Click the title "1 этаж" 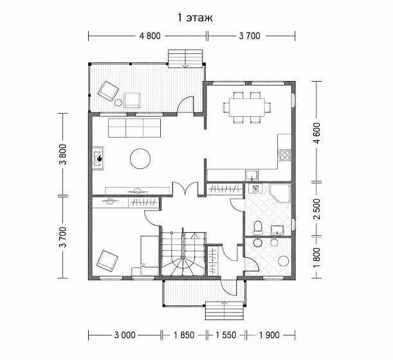pos(195,18)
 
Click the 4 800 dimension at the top pos(150,36)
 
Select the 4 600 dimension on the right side pos(317,133)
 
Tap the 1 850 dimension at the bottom pos(184,335)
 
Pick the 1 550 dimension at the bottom pos(226,335)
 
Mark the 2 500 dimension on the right pos(317,209)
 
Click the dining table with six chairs pos(247,107)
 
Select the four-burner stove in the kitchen pos(285,154)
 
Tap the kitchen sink pos(251,175)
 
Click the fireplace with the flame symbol pos(98,158)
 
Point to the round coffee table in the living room pos(140,159)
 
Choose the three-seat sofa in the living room pos(134,128)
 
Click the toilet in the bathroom pos(258,228)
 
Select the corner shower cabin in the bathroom pos(280,193)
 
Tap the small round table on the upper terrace pos(118,102)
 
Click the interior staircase pos(183,253)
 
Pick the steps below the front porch pos(224,310)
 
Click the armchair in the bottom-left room pos(107,260)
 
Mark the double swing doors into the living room pos(185,188)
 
